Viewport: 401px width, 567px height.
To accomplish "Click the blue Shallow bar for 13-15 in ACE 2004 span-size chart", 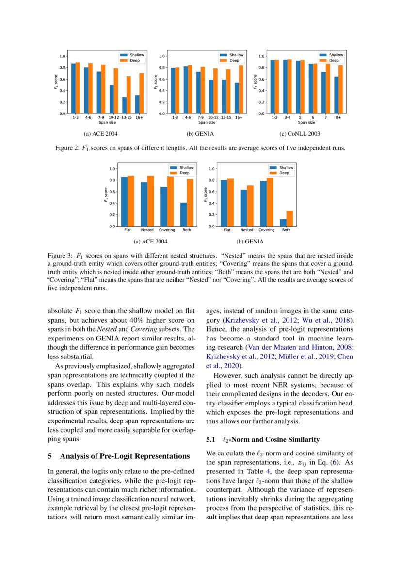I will tap(124, 105).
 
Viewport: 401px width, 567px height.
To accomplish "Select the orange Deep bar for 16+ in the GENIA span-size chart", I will tap(241, 90).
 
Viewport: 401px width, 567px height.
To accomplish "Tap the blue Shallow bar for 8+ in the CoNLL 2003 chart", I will tap(337, 95).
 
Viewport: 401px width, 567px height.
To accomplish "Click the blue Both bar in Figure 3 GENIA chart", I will tap(283, 223).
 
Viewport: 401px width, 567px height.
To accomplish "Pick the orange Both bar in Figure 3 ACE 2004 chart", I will tap(190, 203).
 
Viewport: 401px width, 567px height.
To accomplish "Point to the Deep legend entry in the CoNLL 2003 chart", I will tap(334, 61).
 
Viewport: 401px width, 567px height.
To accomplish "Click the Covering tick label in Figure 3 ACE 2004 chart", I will tap(167, 230).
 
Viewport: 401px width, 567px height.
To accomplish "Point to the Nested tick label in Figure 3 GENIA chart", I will tap(246, 230).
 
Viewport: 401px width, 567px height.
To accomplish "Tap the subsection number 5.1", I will tap(210, 440).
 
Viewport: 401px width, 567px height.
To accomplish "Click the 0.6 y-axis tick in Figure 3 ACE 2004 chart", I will tap(112, 192).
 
